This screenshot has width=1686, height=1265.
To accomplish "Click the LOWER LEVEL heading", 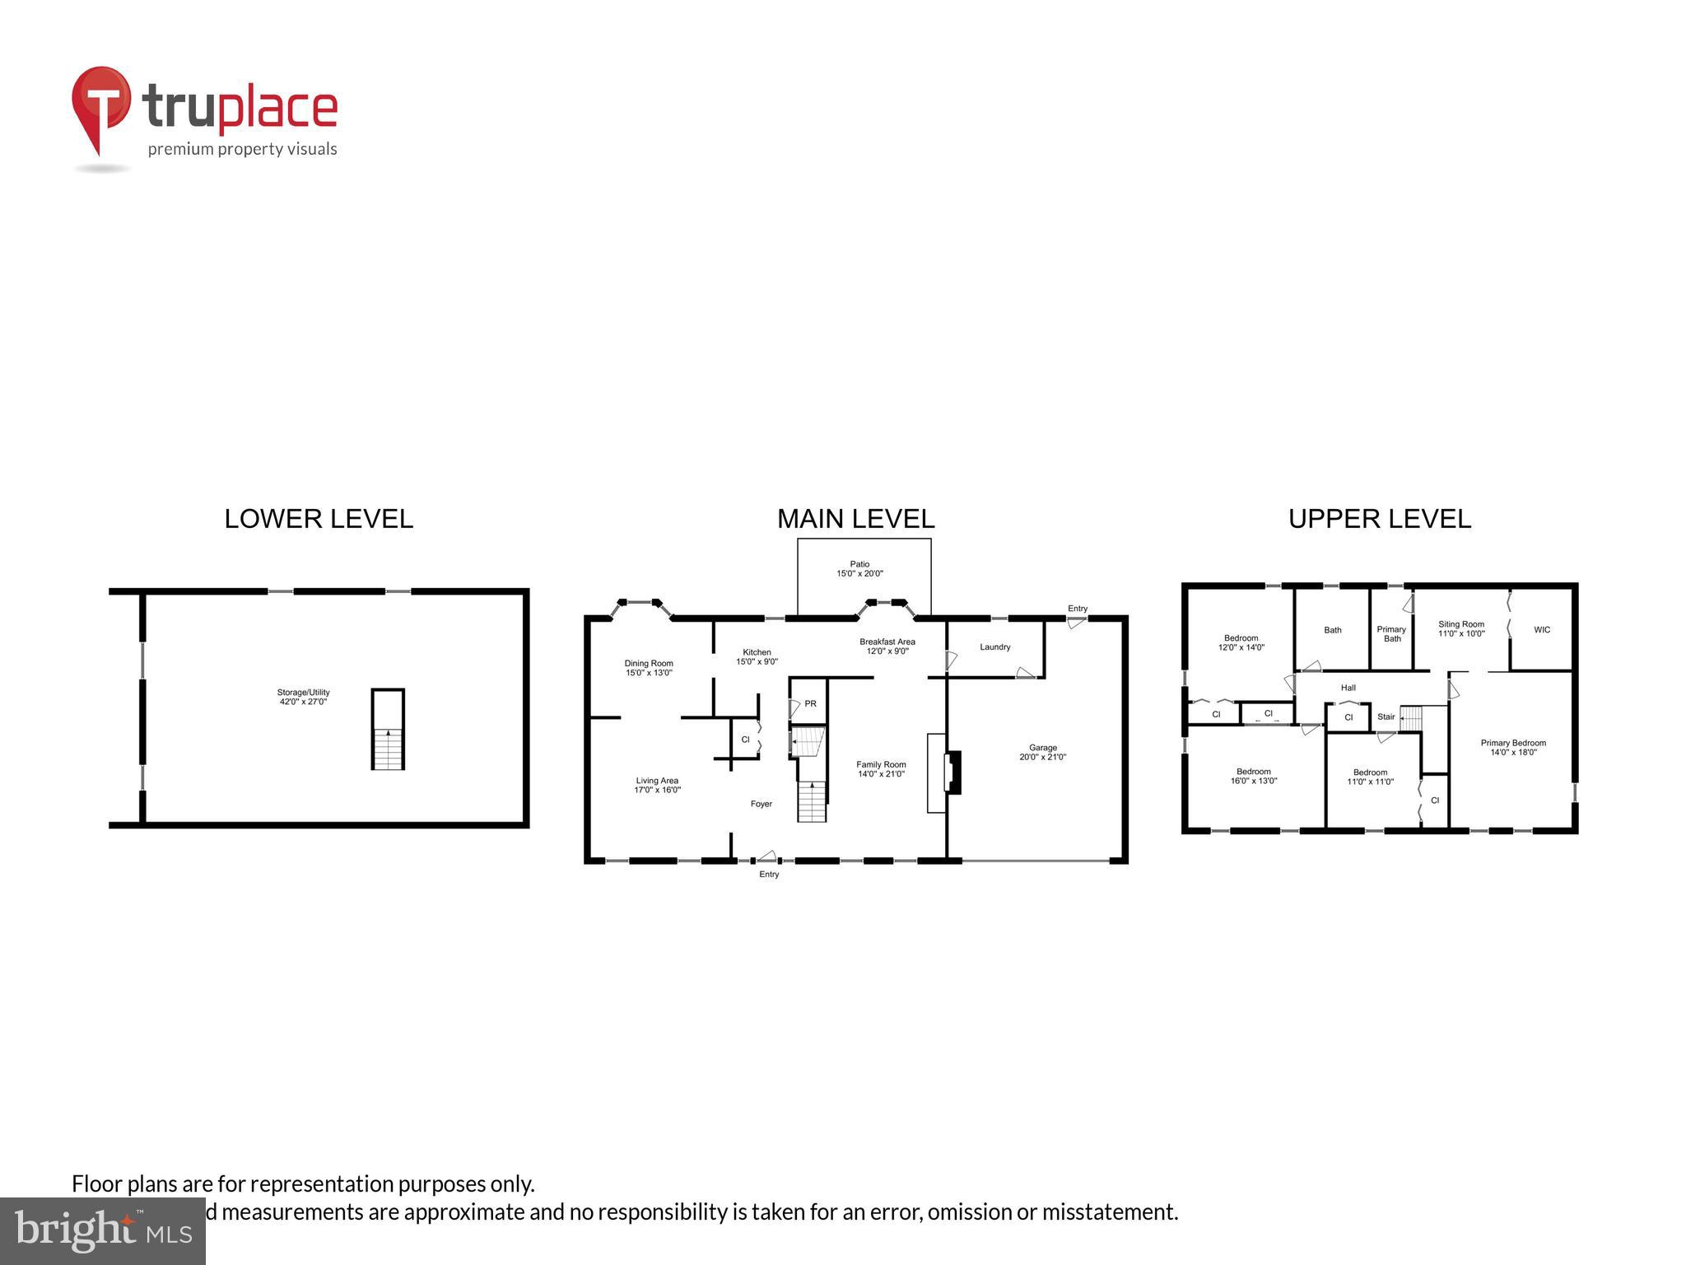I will point(319,519).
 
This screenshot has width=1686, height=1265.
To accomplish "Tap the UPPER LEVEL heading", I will point(1379,519).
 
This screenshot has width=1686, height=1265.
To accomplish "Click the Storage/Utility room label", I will point(303,693).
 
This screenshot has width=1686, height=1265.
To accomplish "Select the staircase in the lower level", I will point(388,748).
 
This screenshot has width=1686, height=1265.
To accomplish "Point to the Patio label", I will point(859,564).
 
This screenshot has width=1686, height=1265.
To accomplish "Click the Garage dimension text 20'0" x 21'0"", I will point(1042,757).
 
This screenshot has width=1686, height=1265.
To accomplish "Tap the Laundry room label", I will point(994,647).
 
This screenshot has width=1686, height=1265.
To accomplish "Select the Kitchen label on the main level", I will point(757,652).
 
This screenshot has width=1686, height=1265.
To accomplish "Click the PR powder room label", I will point(810,703).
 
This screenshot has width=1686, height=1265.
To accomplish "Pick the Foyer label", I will point(761,804).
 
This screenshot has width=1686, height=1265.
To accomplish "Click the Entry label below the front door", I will point(768,874).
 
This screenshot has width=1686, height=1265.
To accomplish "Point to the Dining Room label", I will point(649,663).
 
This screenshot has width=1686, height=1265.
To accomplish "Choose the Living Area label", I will point(657,781).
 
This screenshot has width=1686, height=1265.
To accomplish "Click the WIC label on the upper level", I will point(1542,630).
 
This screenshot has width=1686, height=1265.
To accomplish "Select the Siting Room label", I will point(1461,624).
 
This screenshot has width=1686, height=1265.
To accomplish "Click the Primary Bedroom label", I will point(1513,743).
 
